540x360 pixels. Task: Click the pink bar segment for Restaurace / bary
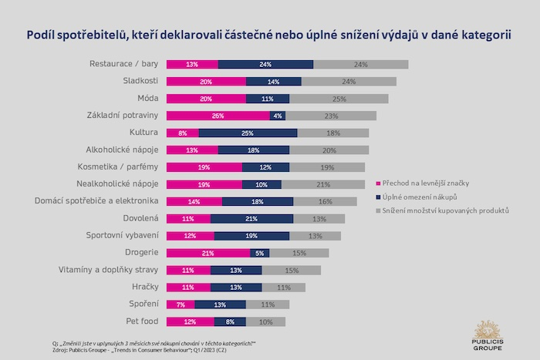point(192,65)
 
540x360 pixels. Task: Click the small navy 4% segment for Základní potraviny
point(278,116)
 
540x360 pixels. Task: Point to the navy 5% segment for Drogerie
point(260,252)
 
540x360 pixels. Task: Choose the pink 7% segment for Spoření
point(181,304)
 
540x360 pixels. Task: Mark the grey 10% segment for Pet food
point(265,321)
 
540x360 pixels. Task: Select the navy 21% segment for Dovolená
point(251,218)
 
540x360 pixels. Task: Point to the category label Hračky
point(145,287)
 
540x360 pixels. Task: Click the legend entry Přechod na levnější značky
point(424,183)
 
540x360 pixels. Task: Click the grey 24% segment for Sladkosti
point(349,82)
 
